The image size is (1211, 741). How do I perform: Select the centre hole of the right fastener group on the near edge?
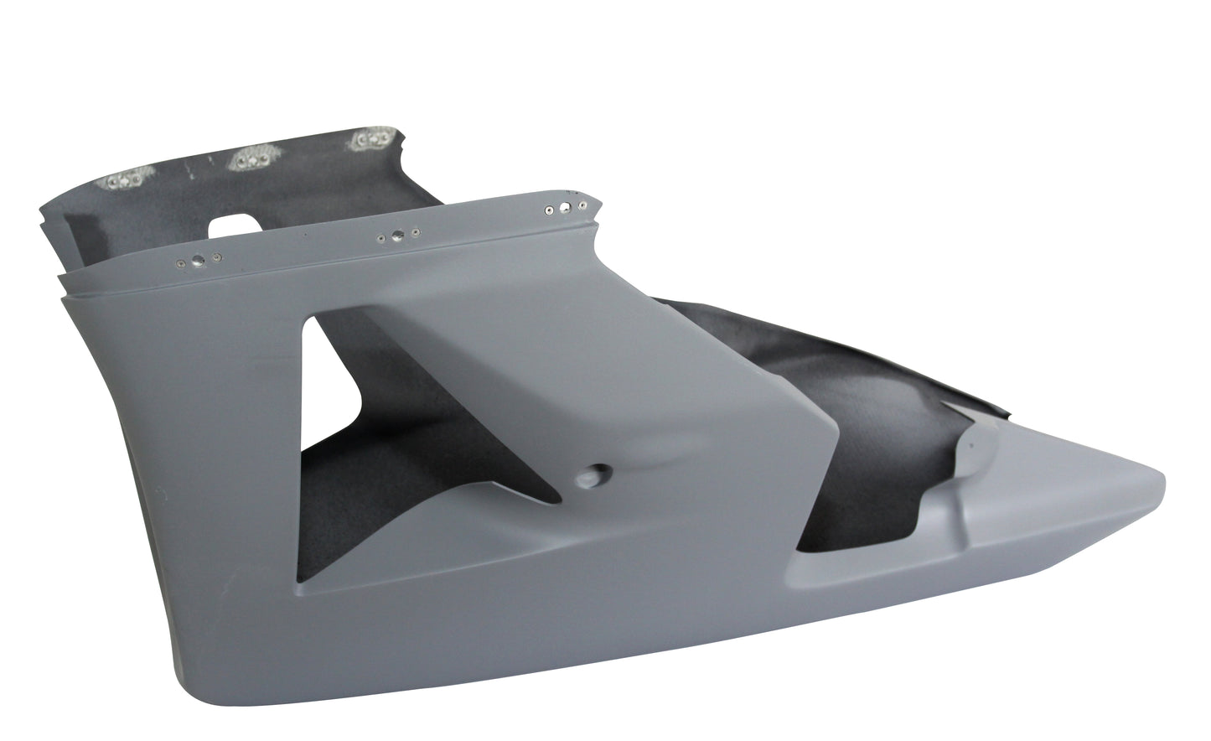click(x=566, y=206)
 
